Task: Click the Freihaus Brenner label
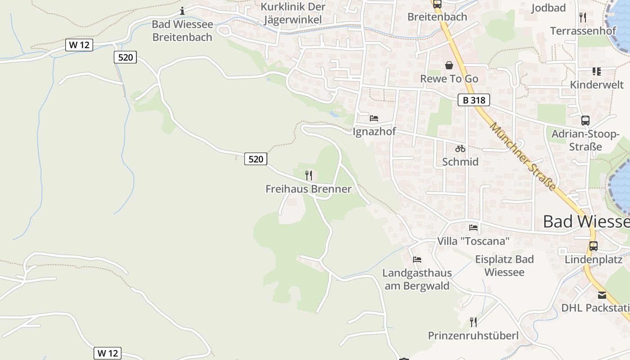[308, 189]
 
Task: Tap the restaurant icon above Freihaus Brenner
[308, 175]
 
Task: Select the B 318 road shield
[474, 100]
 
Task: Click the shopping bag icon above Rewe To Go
[449, 65]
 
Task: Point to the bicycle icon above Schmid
[460, 148]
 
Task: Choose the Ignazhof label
[374, 132]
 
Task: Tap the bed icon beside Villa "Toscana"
[473, 227]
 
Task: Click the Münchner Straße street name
[523, 156]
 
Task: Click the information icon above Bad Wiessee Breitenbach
[182, 11]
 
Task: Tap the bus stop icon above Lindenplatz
[594, 246]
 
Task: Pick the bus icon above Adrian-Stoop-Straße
[585, 120]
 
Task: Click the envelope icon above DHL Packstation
[602, 295]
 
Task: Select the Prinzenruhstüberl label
[473, 336]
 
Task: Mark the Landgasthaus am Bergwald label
[417, 279]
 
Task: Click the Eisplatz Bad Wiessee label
[504, 265]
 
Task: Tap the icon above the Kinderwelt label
[597, 71]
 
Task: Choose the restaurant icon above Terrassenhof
[583, 18]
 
